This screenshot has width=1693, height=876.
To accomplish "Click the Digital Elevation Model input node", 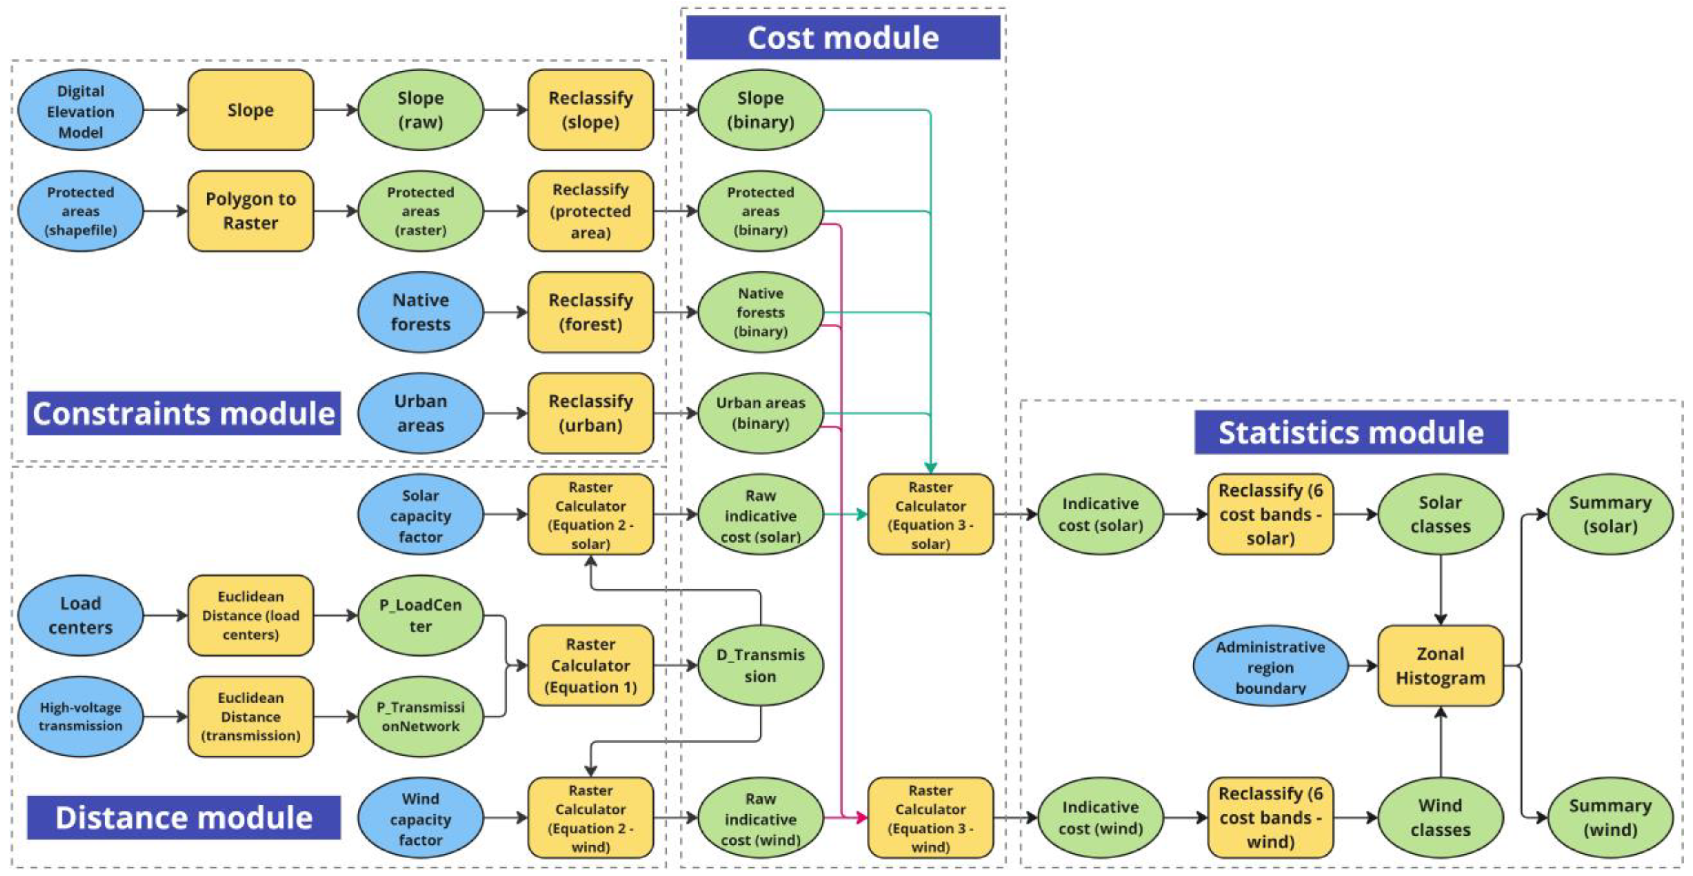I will coord(80,111).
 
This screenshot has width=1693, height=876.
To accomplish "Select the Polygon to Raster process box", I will coord(250,211).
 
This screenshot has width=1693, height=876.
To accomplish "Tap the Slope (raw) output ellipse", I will coord(420,111).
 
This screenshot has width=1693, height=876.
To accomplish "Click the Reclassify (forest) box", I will coord(590,312).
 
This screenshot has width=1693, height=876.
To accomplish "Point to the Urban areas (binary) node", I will coord(760,413).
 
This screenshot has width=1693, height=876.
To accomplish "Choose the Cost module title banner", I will coord(843,37).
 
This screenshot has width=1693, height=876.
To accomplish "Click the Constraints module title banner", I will coord(183,413).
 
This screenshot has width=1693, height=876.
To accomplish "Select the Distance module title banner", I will coord(183,817).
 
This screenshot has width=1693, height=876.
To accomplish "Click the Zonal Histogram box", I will coord(1440,666).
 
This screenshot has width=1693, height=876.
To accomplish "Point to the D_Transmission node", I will coord(760,666).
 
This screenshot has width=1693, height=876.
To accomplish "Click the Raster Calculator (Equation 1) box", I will coord(590,666).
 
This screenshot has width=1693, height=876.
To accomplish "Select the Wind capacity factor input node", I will coord(420,819).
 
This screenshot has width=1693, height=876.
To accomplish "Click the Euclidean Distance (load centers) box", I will coord(250,615).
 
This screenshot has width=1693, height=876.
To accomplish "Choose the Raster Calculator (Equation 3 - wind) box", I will coord(930,818).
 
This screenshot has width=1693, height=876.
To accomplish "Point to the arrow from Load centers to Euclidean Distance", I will coord(165,616).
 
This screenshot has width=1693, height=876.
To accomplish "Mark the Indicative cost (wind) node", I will coord(1100,818).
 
